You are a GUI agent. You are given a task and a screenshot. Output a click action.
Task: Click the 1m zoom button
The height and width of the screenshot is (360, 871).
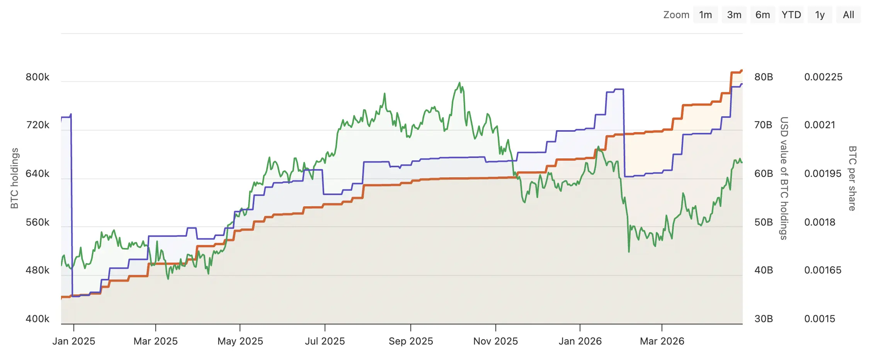pos(705,15)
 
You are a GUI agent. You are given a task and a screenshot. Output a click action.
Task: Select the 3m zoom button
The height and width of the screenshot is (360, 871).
pos(734,15)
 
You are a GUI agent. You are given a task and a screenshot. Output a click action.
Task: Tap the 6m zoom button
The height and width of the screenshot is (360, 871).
pos(762,15)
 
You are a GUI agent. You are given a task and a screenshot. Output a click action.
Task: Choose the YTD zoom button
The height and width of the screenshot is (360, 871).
pos(791,15)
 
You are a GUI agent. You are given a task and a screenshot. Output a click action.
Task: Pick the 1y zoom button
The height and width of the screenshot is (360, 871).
pos(820,15)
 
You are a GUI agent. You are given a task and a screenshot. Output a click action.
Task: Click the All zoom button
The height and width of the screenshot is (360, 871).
pos(848,15)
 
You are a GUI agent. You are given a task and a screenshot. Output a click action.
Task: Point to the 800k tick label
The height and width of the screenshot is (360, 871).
pos(37,77)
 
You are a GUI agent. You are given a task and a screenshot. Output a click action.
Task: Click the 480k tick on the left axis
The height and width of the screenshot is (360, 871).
pos(37,270)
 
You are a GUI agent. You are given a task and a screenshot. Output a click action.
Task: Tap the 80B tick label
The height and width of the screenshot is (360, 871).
pos(764,77)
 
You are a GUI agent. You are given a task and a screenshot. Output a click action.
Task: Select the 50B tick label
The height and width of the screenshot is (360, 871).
pos(764,222)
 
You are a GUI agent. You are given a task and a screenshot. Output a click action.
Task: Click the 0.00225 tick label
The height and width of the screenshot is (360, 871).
pos(823,77)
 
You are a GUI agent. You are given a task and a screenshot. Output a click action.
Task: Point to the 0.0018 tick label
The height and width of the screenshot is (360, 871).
pos(820,222)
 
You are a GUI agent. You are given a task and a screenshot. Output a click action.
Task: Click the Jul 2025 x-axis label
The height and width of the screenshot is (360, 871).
pos(325,341)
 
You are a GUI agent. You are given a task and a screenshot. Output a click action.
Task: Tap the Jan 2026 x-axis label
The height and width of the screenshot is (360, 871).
pos(580,341)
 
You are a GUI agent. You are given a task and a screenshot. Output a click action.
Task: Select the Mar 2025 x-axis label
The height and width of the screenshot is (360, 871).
pos(155,341)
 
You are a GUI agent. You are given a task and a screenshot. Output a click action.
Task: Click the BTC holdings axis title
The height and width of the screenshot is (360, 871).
pos(14,178)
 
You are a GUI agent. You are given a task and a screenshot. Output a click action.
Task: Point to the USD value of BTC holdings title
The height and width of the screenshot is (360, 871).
pos(784,178)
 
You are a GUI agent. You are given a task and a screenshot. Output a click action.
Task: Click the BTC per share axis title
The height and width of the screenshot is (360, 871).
pos(852,178)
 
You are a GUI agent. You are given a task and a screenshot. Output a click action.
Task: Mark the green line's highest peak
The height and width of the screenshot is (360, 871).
pos(459,83)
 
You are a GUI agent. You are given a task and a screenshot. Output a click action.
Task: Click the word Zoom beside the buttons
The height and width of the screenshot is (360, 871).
pos(676,15)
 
